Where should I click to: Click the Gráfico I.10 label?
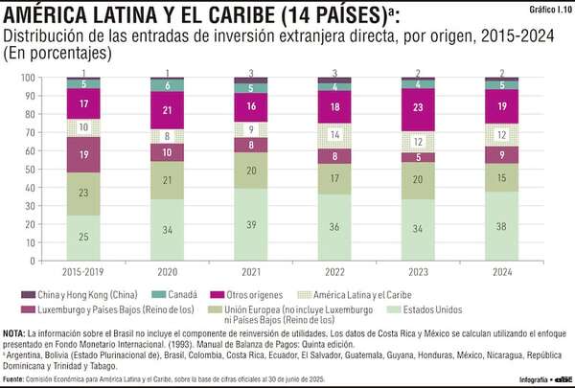549,9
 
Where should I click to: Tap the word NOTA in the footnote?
15,332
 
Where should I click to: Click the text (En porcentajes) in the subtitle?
57,54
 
